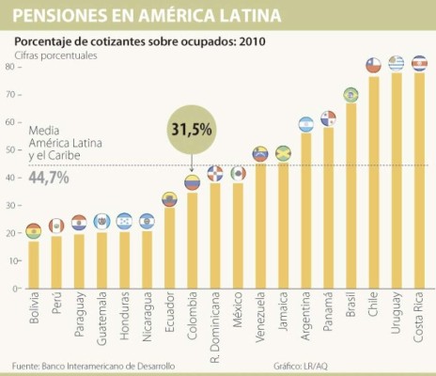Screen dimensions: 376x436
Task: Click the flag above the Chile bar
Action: [373, 65]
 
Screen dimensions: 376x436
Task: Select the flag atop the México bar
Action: [238, 174]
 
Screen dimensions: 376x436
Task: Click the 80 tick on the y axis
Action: [8, 67]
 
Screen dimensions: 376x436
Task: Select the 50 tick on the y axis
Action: [8, 149]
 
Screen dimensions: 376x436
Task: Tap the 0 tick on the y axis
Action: [11, 289]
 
